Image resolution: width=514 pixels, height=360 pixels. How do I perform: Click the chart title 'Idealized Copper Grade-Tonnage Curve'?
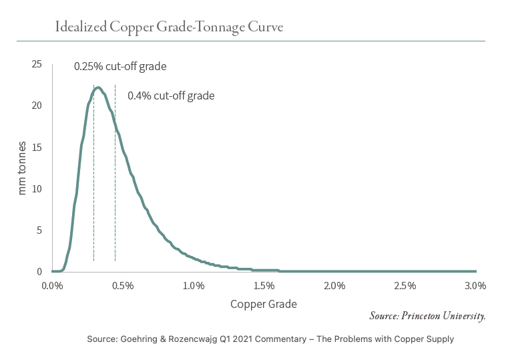[x=170, y=28]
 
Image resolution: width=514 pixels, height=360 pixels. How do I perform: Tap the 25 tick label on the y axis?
[x=37, y=64]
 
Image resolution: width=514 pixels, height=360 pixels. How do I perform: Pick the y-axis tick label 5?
[x=39, y=230]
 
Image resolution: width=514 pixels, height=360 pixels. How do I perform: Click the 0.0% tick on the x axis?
[x=52, y=285]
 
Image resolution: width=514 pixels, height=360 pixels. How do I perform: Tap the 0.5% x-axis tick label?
[x=123, y=285]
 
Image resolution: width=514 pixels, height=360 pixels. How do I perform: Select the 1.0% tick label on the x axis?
[x=194, y=285]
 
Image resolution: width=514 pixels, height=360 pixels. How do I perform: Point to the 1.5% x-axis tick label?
[x=264, y=285]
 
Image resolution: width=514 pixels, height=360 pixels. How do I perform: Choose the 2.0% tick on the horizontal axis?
[x=334, y=285]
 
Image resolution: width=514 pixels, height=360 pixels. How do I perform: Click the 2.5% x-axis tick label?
[x=405, y=285]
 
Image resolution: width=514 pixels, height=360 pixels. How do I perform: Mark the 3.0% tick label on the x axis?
[x=475, y=285]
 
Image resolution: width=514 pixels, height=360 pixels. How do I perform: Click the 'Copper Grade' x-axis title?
[x=264, y=304]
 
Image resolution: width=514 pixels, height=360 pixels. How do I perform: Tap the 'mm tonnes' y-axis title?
[x=22, y=168]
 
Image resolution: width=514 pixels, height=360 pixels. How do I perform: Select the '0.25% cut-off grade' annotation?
[x=119, y=67]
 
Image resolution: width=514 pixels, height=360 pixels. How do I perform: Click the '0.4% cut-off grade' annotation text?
[x=171, y=96]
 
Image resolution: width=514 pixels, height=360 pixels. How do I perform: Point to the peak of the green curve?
[x=98, y=87]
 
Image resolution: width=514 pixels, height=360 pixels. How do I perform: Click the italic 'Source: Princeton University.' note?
[x=427, y=315]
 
